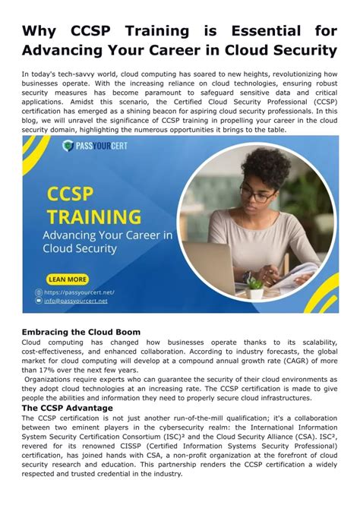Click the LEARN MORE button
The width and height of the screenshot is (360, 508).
[x=68, y=279]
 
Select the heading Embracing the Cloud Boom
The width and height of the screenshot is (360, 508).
[x=80, y=332]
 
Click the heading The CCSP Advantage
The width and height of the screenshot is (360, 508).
[x=67, y=408]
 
